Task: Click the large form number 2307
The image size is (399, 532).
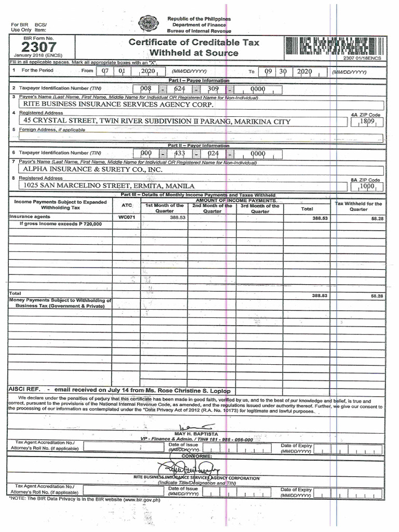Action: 38,47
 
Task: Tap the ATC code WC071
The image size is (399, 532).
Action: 126,218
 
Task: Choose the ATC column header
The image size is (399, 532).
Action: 126,206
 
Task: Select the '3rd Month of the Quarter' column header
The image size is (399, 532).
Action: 260,209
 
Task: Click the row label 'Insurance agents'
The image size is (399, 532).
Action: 29,217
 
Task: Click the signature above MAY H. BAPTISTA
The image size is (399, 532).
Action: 196,426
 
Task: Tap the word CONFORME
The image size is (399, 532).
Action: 197,455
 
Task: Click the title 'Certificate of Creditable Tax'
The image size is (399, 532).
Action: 193,42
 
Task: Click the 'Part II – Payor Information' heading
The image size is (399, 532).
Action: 198,145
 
